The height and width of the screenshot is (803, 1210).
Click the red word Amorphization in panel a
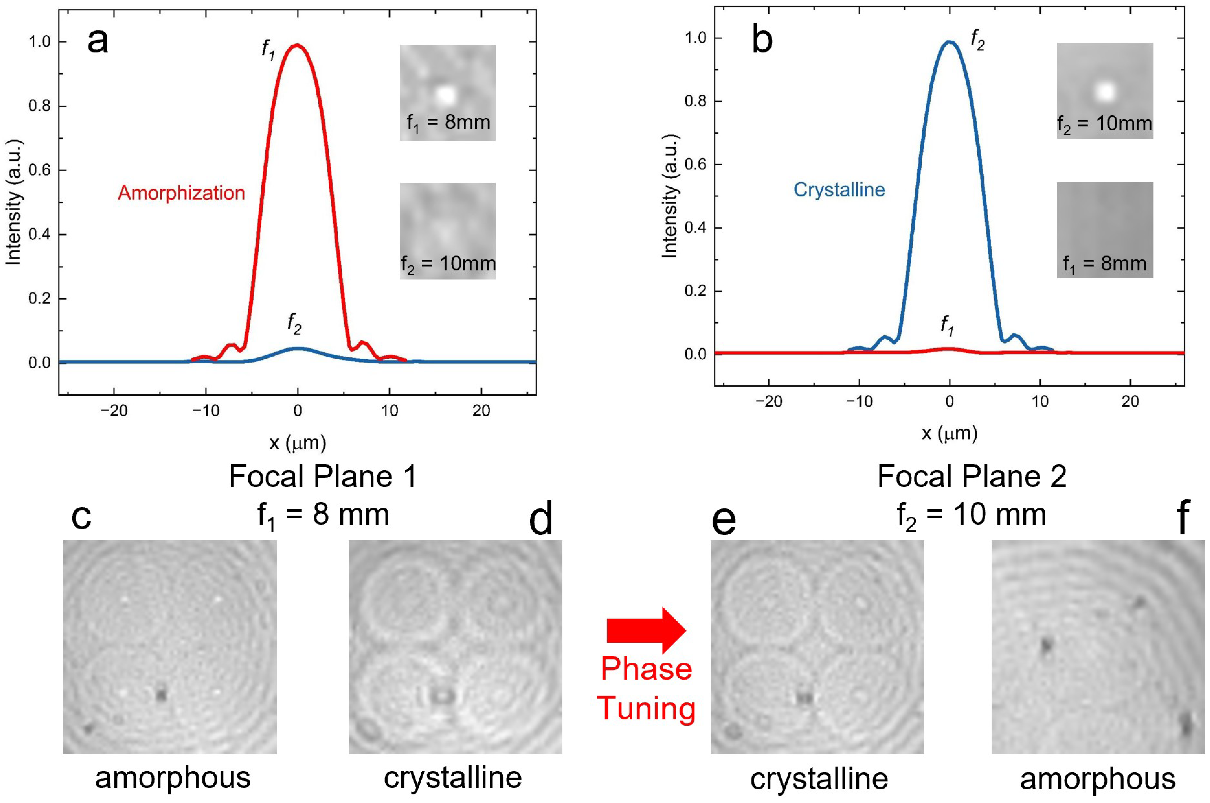coord(181,193)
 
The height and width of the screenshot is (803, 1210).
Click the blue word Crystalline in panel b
coord(839,190)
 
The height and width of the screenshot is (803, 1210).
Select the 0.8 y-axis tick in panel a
coord(39,106)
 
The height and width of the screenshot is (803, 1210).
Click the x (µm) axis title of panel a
coord(298,442)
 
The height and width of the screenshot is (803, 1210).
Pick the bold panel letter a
coord(98,41)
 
